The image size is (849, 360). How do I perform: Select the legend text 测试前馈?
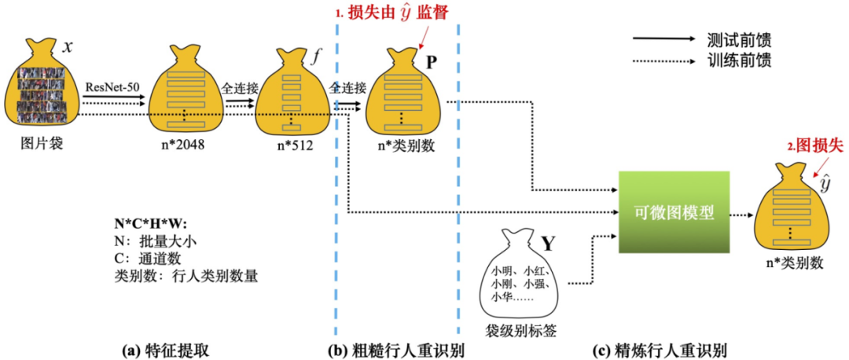point(738,39)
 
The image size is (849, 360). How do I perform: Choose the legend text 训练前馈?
point(738,60)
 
